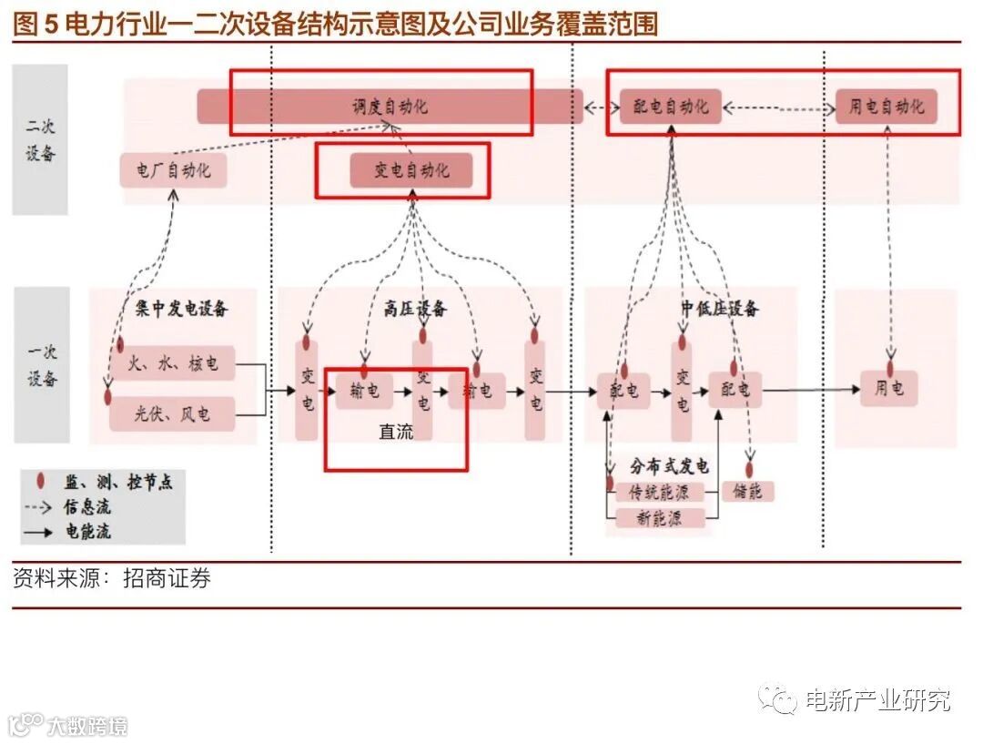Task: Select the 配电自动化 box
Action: coord(670,107)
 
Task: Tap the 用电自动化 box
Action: coord(886,107)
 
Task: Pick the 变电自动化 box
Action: coord(411,170)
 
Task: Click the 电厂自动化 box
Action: coord(173,170)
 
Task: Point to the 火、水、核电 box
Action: coord(173,364)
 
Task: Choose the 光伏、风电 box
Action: coord(171,414)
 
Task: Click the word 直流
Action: coord(395,432)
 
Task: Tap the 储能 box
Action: coord(747,492)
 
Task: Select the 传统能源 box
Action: coord(660,493)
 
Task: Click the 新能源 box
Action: coord(660,518)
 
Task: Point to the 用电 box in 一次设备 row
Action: coord(888,389)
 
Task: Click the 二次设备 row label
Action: coord(40,139)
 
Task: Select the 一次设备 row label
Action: coord(41,364)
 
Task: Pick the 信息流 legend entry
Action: coord(86,507)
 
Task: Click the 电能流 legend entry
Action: coord(86,531)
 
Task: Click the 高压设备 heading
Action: coord(415,309)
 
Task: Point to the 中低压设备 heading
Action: coord(719,309)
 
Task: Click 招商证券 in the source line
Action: coord(167,578)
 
